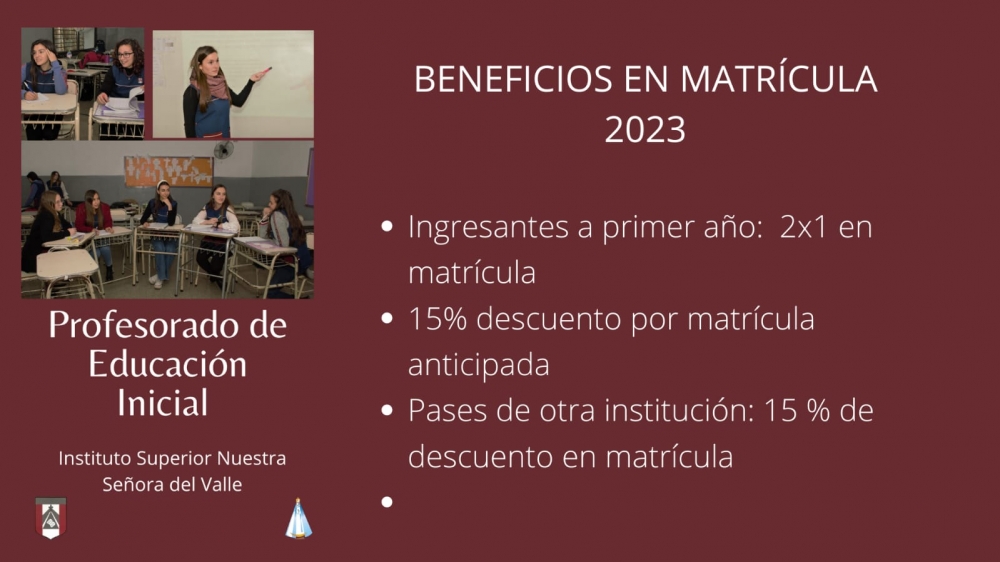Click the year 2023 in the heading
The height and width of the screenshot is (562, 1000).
coord(645,129)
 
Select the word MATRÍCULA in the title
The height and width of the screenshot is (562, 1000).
coord(779,78)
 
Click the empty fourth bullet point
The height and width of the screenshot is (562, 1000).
coord(386,502)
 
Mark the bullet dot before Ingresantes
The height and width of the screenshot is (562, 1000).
coord(386,226)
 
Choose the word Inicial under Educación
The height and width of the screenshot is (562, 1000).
coord(163,403)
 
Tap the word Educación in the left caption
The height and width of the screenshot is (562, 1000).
coord(167,364)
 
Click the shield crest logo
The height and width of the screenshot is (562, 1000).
coord(50,518)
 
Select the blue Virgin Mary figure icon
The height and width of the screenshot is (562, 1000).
coord(298,519)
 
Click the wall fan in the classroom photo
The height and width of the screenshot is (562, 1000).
coord(223,150)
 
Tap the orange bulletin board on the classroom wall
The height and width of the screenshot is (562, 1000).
coord(168,172)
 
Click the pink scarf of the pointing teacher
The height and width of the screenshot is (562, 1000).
coord(214,85)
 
